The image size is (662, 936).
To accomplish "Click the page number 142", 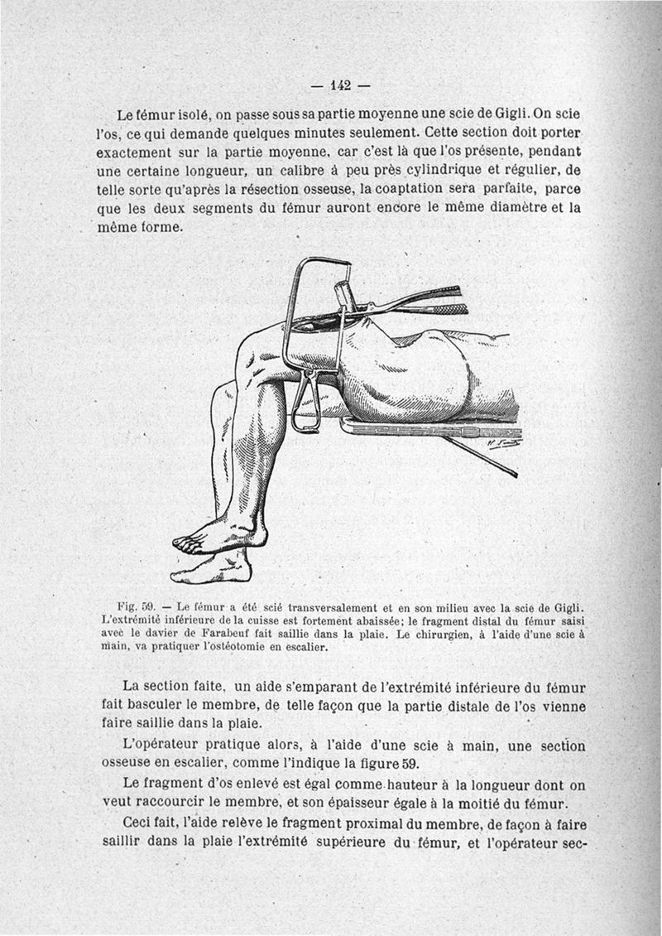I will coord(340,85).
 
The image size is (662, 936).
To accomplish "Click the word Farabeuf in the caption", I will coord(219,634).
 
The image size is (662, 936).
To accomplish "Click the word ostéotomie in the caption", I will coord(239,648).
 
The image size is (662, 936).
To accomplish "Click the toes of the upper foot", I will coord(186,543).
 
